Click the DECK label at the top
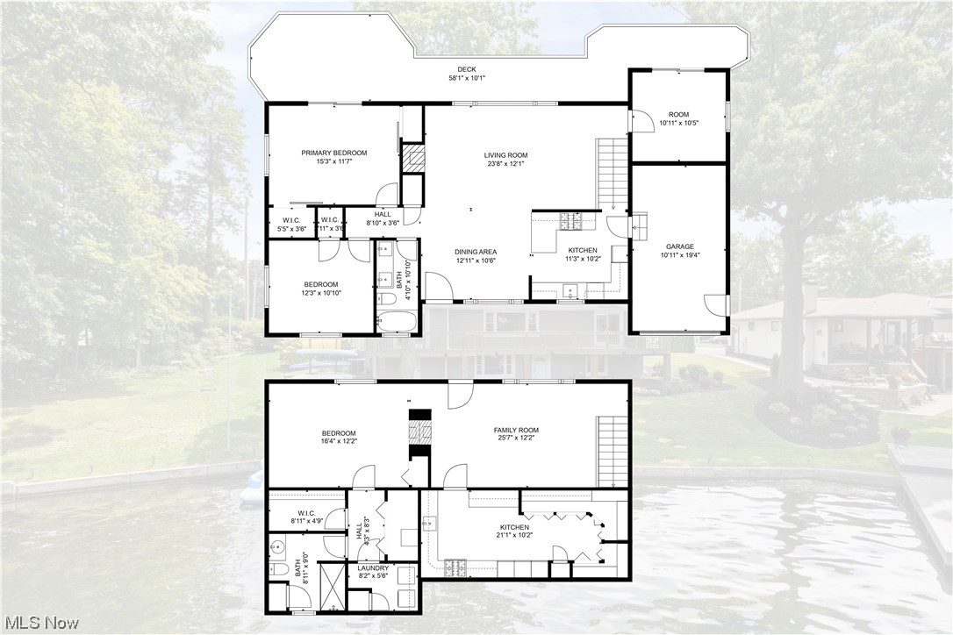pos(467,69)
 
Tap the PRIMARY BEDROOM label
pos(334,153)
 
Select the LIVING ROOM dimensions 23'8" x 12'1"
pos(505,164)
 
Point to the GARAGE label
pos(679,246)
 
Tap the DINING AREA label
pos(476,252)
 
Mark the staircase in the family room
pos(613,451)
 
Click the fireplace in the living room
pos(412,158)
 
